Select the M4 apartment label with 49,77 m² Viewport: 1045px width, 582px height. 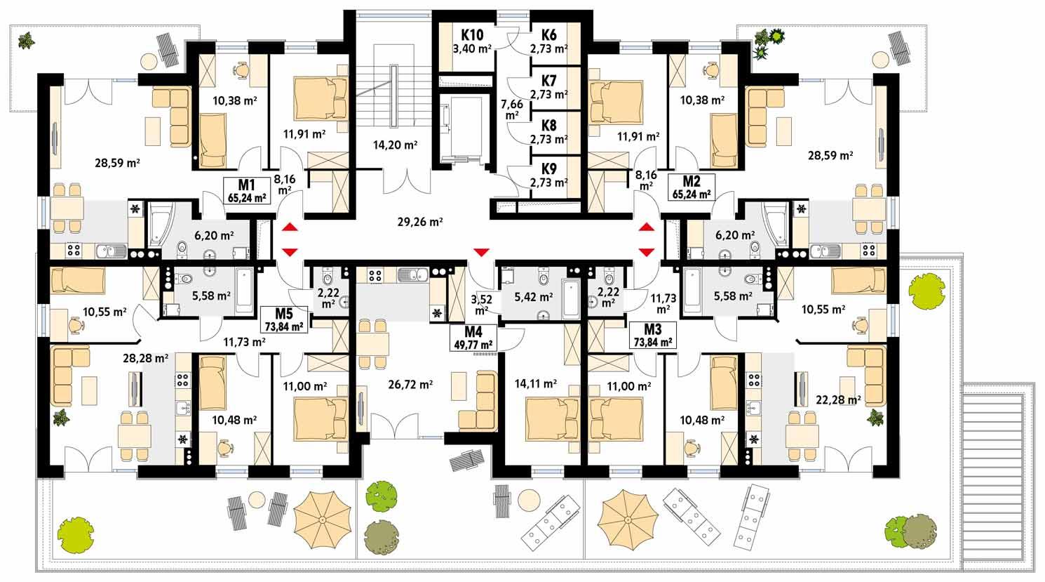(x=473, y=337)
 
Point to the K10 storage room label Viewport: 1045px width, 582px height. (x=471, y=35)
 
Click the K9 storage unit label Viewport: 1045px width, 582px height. (x=548, y=169)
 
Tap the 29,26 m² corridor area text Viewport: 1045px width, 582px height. (x=420, y=222)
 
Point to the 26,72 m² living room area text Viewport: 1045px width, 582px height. (x=410, y=384)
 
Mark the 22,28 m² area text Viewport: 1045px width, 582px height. (x=839, y=400)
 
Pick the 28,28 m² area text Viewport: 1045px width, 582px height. (x=145, y=358)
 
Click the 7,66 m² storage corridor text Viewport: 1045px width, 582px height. (x=511, y=109)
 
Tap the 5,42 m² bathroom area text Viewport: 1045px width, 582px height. (x=534, y=297)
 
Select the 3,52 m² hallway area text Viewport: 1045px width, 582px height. (x=482, y=303)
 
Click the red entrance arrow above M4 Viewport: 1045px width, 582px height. (x=481, y=251)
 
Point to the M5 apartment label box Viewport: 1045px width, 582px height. (x=283, y=319)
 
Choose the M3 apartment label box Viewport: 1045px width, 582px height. (x=652, y=336)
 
